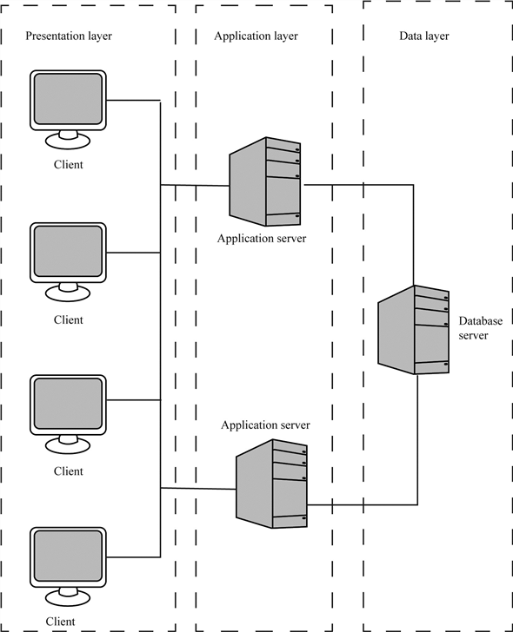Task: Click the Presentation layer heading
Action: tap(69, 36)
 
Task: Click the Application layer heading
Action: tap(256, 36)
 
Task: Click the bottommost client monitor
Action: tap(69, 556)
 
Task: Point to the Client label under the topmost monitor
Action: tap(69, 165)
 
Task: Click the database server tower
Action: tap(415, 329)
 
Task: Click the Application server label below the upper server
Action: tap(262, 239)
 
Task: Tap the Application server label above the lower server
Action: tap(265, 425)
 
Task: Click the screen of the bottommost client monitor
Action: tap(69, 553)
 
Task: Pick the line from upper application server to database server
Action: tap(365, 185)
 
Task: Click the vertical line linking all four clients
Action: tap(161, 330)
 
